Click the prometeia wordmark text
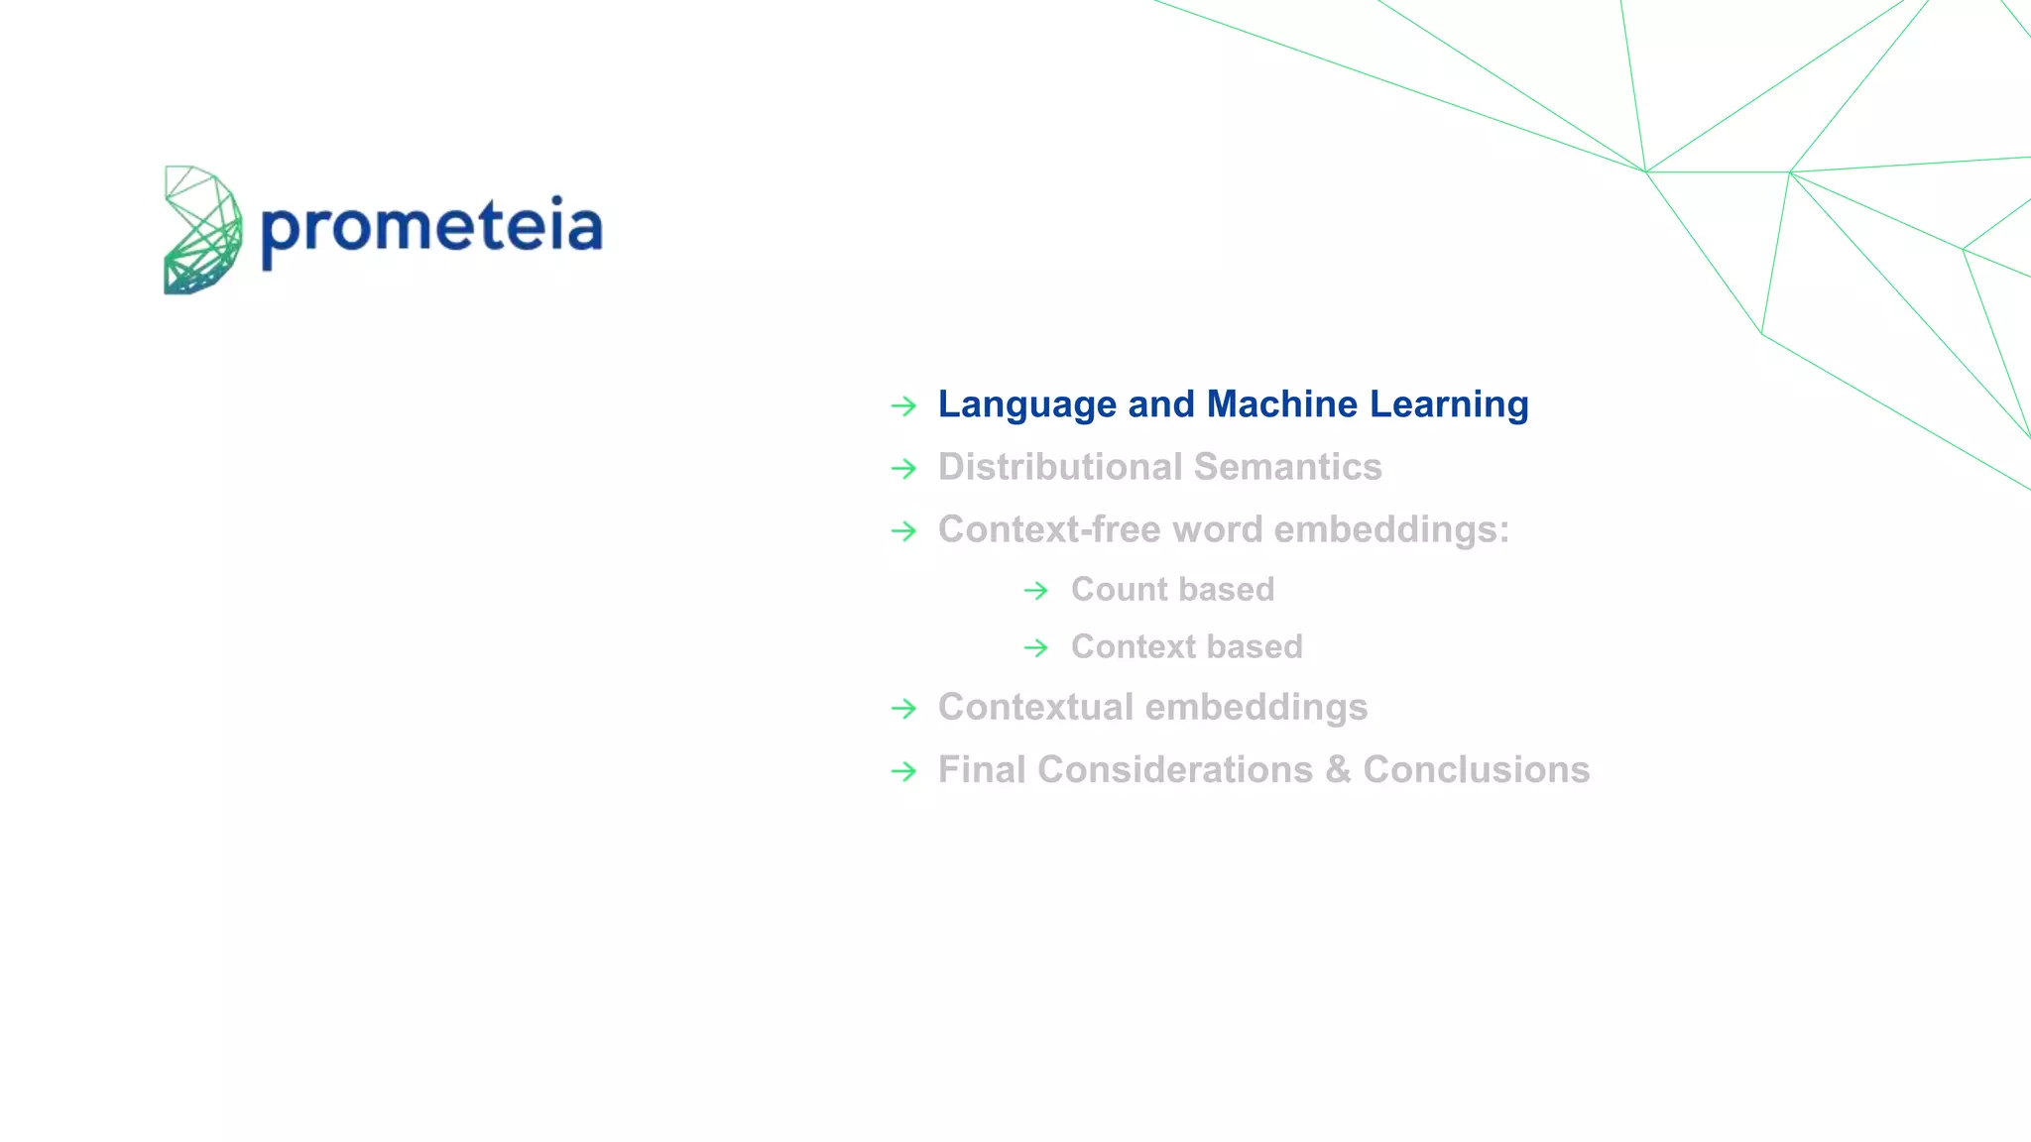point(431,228)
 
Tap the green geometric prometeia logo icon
point(202,230)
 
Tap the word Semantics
point(1288,467)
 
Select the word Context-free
point(1049,529)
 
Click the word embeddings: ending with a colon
point(1391,529)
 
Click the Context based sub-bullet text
point(1186,647)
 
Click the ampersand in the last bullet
point(1338,770)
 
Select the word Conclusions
point(1476,770)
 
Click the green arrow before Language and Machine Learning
point(903,405)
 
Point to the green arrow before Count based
point(1036,591)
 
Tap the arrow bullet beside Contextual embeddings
point(903,709)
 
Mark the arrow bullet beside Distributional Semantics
point(903,468)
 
